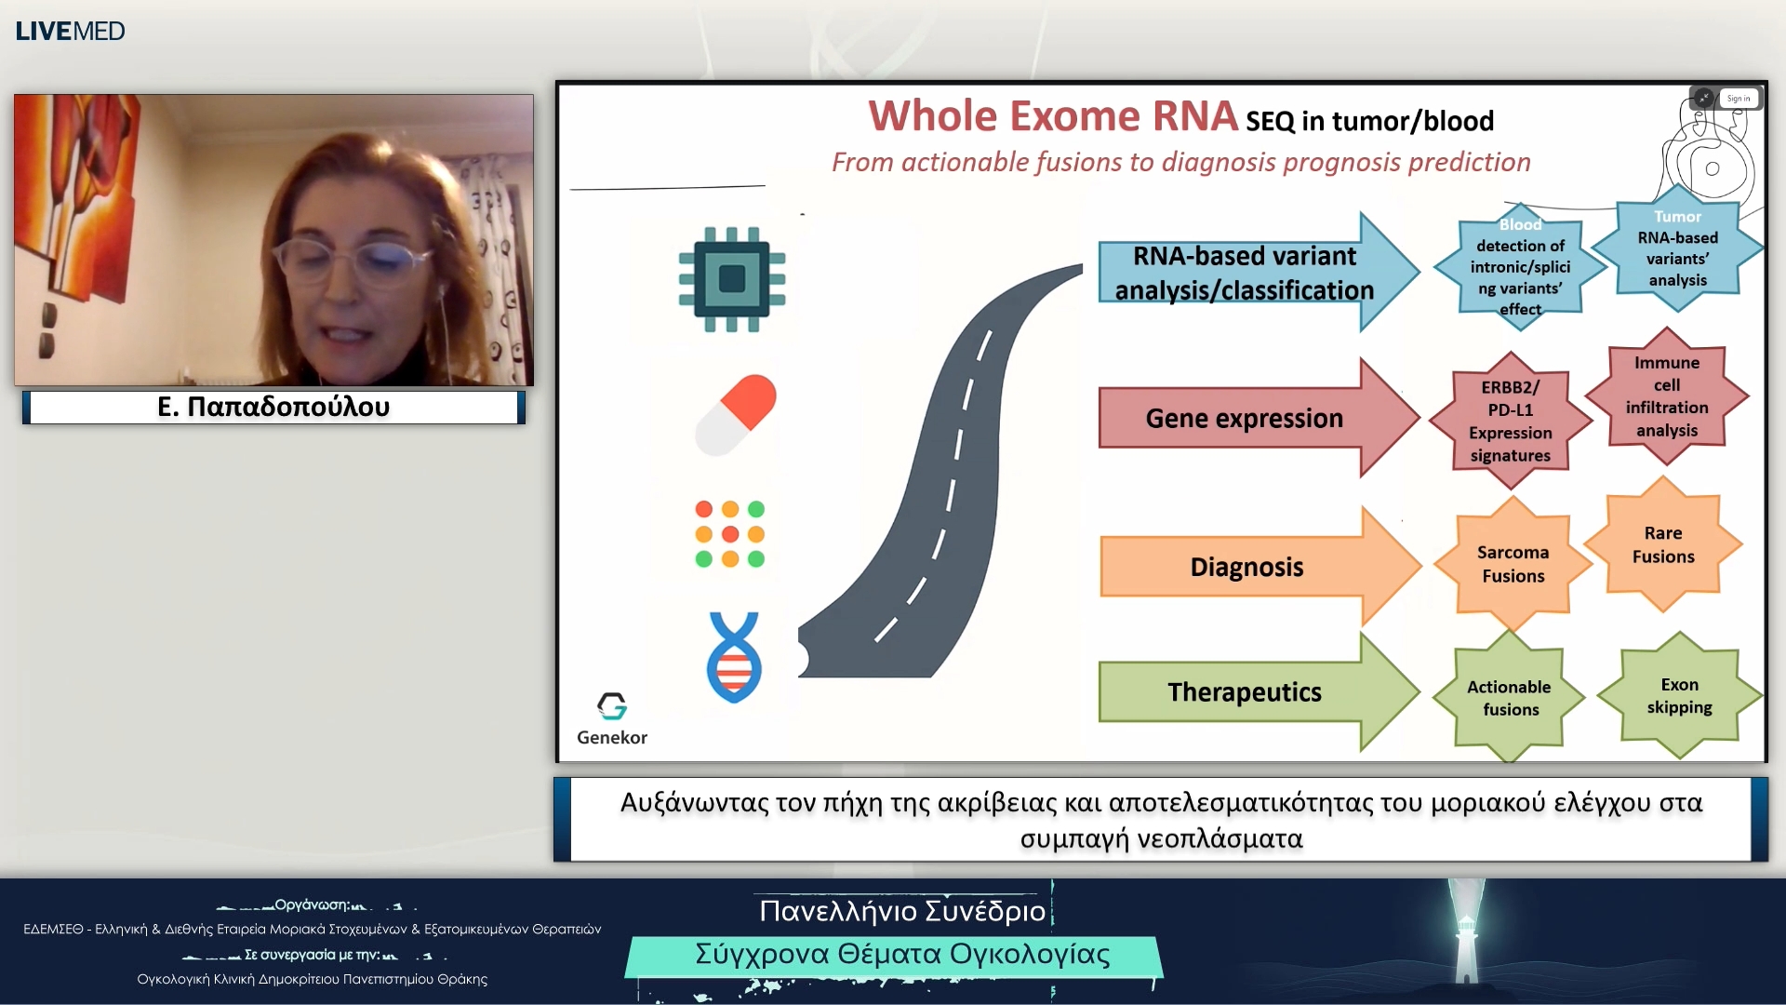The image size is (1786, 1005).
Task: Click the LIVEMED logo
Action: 70,31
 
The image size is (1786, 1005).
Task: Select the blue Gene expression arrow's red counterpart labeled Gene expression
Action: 1245,418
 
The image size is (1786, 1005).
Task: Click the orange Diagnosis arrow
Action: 1246,567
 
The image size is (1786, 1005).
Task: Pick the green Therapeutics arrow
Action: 1245,692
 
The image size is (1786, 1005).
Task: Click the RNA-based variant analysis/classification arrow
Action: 1245,273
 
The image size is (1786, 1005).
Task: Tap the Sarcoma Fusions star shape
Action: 1513,564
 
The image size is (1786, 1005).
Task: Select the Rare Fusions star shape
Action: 1663,544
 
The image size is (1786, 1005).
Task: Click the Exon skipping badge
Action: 1679,695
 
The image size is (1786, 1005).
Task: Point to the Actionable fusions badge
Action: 1509,698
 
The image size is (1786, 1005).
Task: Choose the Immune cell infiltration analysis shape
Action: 1667,396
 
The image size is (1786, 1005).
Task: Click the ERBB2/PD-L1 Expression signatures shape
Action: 1511,421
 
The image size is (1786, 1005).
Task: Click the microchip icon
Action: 732,278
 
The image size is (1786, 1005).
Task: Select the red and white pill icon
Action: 736,415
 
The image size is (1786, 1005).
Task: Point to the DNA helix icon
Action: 734,657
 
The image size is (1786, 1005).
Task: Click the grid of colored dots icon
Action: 730,534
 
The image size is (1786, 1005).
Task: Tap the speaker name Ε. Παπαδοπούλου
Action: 273,407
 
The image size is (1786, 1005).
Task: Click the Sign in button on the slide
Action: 1738,99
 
